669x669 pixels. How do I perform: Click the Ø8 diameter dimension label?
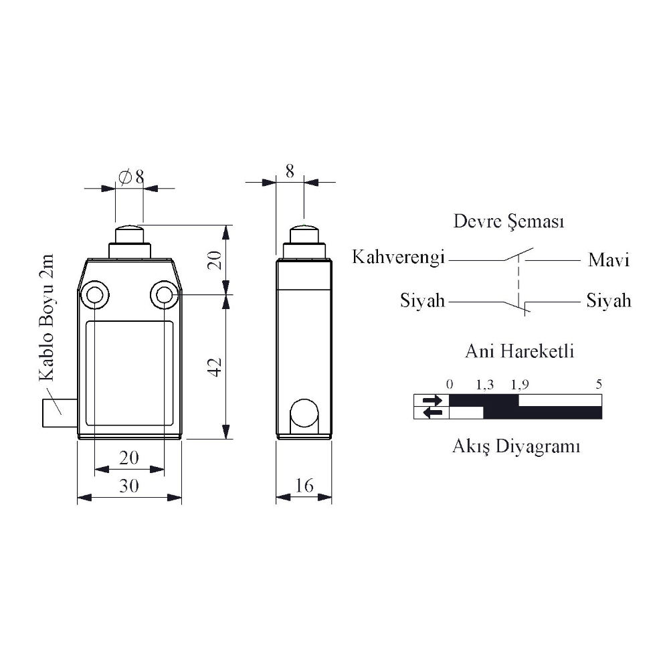(x=131, y=177)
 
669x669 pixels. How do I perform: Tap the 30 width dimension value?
(x=129, y=486)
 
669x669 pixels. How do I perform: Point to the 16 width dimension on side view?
(x=304, y=486)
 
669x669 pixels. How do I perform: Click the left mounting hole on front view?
(x=94, y=294)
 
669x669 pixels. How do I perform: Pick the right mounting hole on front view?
(x=165, y=294)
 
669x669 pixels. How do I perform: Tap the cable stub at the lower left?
(x=60, y=413)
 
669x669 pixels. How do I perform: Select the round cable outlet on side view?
(x=304, y=413)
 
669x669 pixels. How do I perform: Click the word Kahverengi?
(x=399, y=258)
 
